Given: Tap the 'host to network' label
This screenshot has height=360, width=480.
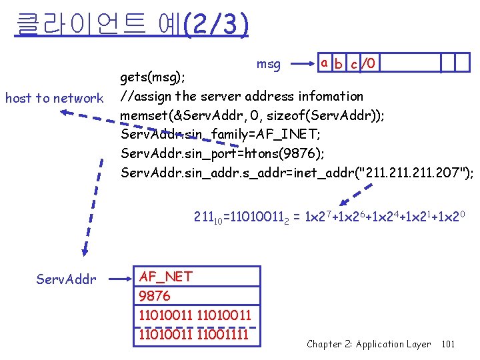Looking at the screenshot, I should click(x=54, y=99).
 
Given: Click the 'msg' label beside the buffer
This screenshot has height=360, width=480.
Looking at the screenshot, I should click(x=269, y=64).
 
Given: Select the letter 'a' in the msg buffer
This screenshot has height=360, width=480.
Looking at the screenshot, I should click(x=323, y=63).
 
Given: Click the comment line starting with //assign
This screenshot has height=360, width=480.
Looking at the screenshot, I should click(x=241, y=97).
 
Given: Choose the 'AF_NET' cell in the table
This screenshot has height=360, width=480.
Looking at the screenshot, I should click(x=165, y=277).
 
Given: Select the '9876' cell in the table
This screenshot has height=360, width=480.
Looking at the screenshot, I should click(x=155, y=295).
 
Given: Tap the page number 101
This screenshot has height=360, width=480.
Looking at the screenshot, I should click(x=448, y=344).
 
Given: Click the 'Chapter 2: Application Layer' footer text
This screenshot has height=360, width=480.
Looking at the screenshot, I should click(x=369, y=344).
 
